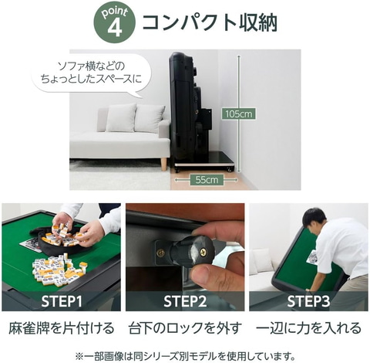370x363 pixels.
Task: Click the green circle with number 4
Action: (115, 22)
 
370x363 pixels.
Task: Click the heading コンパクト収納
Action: (210, 22)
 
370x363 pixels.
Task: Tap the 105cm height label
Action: (239, 114)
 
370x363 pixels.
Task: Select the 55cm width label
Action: (207, 179)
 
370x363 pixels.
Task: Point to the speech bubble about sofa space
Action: (91, 75)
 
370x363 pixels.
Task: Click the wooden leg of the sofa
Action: (163, 165)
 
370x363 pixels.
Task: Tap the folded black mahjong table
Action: (195, 110)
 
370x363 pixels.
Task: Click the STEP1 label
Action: (62, 301)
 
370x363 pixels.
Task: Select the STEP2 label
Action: (185, 301)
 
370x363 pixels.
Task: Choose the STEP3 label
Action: (308, 301)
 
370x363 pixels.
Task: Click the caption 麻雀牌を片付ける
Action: (62, 328)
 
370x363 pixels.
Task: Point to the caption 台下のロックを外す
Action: (185, 328)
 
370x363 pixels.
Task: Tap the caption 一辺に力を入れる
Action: (308, 328)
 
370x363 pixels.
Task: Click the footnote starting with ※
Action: (185, 356)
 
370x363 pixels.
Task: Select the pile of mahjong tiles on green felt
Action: (58, 270)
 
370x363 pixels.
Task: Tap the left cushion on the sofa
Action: (121, 117)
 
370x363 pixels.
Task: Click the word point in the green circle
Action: (115, 12)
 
